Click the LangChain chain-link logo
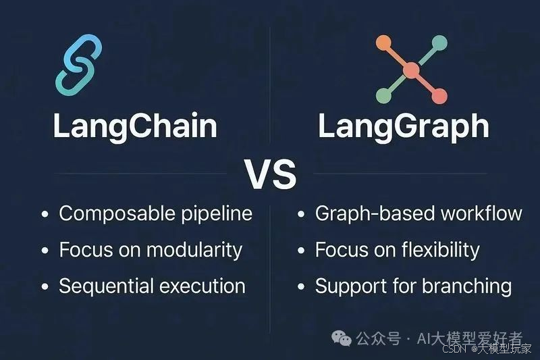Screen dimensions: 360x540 tap(78, 64)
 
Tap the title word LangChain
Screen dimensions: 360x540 tap(135, 126)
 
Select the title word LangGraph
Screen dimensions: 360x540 tap(404, 126)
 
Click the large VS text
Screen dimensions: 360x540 tap(270, 174)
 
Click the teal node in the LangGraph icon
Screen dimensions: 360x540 tap(440, 43)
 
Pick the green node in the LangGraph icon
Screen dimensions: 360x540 tap(383, 97)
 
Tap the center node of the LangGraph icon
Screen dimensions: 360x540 tap(411, 70)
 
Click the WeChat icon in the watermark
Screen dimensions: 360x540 tap(344, 338)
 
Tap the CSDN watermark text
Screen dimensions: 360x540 tap(453, 349)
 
